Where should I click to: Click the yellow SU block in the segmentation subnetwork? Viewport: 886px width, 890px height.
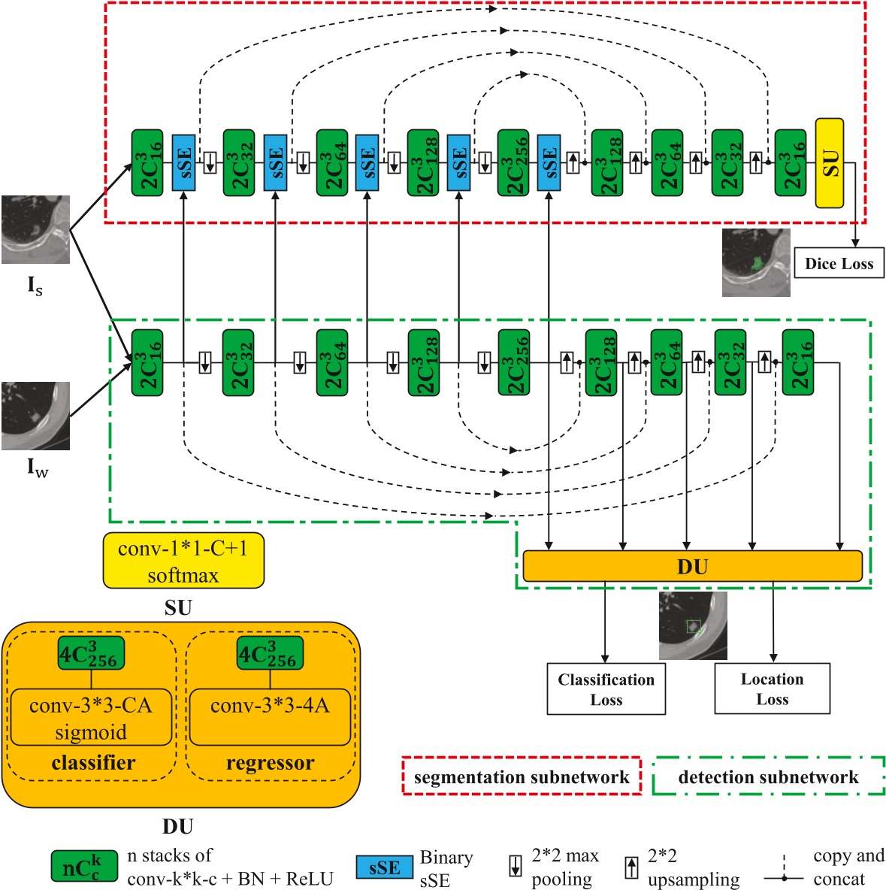pyautogui.click(x=829, y=162)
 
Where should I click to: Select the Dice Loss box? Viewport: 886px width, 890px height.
pyautogui.click(x=839, y=264)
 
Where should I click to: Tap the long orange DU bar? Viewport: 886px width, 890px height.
pyautogui.click(x=691, y=566)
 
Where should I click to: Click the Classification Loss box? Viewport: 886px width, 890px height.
pyautogui.click(x=606, y=689)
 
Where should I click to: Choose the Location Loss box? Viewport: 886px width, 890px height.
pyautogui.click(x=772, y=688)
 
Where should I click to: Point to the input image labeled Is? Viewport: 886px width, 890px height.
pyautogui.click(x=35, y=229)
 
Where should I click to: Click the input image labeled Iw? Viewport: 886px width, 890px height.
pyautogui.click(x=35, y=416)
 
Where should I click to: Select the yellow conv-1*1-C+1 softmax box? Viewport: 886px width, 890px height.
pyautogui.click(x=183, y=561)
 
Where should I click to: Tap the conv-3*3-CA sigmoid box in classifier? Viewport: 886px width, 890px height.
pyautogui.click(x=91, y=717)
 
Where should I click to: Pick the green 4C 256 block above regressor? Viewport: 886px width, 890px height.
pyautogui.click(x=270, y=654)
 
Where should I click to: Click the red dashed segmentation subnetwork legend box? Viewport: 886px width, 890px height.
pyautogui.click(x=522, y=776)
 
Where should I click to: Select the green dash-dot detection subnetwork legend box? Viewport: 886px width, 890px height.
pyautogui.click(x=768, y=776)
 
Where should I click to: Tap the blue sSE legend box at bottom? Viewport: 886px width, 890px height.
pyautogui.click(x=384, y=867)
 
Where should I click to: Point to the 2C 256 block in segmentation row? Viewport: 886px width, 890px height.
pyautogui.click(x=513, y=162)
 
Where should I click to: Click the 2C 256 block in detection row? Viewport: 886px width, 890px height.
pyautogui.click(x=513, y=362)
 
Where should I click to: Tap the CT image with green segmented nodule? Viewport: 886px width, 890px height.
pyautogui.click(x=755, y=262)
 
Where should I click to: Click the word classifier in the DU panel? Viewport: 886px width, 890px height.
pyautogui.click(x=93, y=763)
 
